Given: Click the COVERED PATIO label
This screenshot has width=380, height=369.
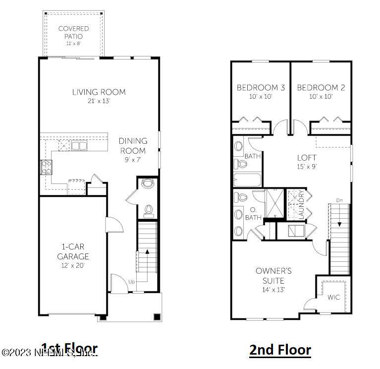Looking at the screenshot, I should point(73,32).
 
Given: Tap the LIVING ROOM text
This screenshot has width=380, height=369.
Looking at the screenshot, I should point(99,92).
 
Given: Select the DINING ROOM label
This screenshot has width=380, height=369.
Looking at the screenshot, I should point(133,146).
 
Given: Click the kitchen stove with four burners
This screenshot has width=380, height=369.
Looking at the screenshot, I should point(46,167).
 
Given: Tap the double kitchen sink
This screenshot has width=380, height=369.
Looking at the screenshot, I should point(78,145).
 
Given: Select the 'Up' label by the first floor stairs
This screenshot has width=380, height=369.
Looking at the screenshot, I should point(132,282).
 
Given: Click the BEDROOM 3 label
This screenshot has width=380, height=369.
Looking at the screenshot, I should point(261,88).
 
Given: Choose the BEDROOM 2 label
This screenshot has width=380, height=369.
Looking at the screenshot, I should point(321,88).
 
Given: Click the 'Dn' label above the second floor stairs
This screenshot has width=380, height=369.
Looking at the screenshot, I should point(339,200).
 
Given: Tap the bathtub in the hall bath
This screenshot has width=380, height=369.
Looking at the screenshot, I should point(247,179).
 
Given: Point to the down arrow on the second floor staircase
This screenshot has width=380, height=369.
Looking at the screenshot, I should point(339,223).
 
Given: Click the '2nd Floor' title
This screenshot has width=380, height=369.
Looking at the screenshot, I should point(280,350).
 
